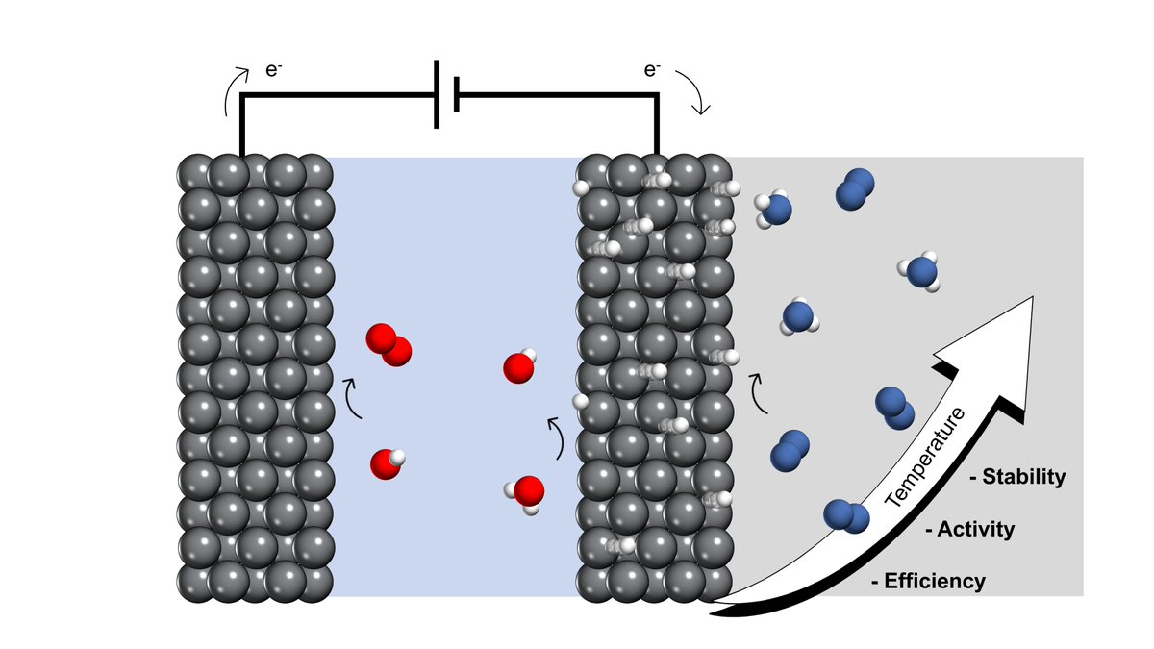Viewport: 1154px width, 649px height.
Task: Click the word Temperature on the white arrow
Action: coord(925,458)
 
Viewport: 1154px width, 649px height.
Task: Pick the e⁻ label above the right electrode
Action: coord(652,71)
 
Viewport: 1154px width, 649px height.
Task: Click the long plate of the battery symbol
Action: coord(438,94)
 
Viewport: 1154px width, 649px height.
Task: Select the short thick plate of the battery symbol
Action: coord(456,94)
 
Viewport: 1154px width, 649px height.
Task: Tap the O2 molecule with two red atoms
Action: coord(389,345)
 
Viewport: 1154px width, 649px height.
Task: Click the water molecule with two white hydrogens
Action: coord(526,493)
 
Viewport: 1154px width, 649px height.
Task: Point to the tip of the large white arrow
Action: coord(1031,299)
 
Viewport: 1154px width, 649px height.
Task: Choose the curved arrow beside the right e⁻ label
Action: coord(699,91)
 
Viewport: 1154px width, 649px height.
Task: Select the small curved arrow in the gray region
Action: coord(758,392)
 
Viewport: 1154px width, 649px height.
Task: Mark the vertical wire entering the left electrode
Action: coord(241,125)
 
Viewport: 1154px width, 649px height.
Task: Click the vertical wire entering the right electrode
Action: coord(658,125)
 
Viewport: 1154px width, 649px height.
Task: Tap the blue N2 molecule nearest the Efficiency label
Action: coord(845,517)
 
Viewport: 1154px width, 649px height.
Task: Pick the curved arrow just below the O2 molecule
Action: coord(353,398)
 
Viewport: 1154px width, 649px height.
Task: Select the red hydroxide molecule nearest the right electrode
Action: coord(519,367)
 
